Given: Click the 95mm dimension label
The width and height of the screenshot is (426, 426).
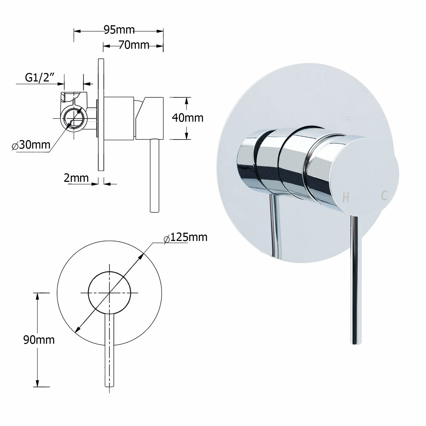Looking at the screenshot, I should (119, 30).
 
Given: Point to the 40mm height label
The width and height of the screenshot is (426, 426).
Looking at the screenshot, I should (187, 117).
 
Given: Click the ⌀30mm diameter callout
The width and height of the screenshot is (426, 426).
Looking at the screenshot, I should (31, 145).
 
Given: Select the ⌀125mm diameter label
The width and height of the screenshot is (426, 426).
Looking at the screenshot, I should (186, 237).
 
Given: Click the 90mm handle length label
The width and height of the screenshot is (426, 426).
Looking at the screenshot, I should (39, 340).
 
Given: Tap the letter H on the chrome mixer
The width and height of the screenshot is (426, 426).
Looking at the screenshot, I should (346, 197).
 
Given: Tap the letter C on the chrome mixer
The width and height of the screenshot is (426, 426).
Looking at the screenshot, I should (384, 196).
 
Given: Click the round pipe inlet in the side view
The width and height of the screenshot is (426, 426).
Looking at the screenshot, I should (74, 118).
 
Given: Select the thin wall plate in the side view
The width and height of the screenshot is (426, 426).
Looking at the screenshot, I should (101, 114).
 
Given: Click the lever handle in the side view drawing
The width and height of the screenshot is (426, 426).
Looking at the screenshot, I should (154, 176).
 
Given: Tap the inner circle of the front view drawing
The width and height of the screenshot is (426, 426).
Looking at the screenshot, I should (109, 293).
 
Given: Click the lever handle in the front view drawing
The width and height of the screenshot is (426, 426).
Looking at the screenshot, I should (109, 351).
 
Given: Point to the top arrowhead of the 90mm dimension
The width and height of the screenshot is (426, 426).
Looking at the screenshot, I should (38, 296).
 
